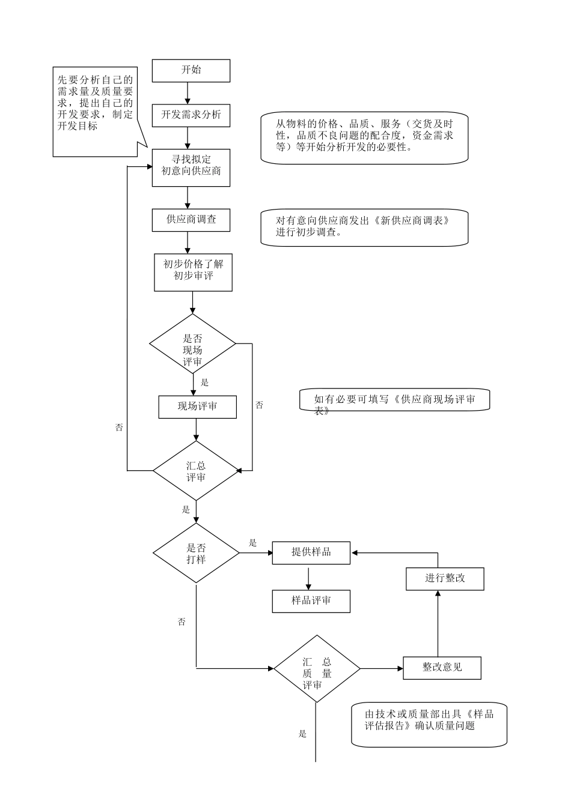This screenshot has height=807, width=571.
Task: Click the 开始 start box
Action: (x=191, y=70)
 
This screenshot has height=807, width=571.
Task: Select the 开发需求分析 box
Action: (x=191, y=115)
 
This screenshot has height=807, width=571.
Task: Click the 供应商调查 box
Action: (x=191, y=220)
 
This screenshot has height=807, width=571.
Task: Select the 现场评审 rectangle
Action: (x=197, y=407)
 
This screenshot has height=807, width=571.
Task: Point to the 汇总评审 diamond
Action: (x=196, y=471)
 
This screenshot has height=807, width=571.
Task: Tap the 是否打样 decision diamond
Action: (x=196, y=553)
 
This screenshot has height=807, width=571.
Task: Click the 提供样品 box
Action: (x=311, y=552)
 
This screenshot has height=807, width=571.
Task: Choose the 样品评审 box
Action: (x=311, y=601)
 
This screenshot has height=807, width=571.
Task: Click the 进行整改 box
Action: (x=445, y=579)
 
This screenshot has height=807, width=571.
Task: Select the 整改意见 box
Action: (x=442, y=668)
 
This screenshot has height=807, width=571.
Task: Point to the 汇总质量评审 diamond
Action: (x=317, y=668)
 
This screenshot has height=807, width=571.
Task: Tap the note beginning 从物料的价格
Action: (x=364, y=138)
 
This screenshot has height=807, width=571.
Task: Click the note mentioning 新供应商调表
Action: (x=364, y=228)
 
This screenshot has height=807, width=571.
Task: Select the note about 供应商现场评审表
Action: (x=394, y=400)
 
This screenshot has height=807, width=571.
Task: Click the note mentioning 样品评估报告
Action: (x=429, y=724)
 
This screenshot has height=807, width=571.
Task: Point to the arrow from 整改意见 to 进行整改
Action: (x=438, y=623)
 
